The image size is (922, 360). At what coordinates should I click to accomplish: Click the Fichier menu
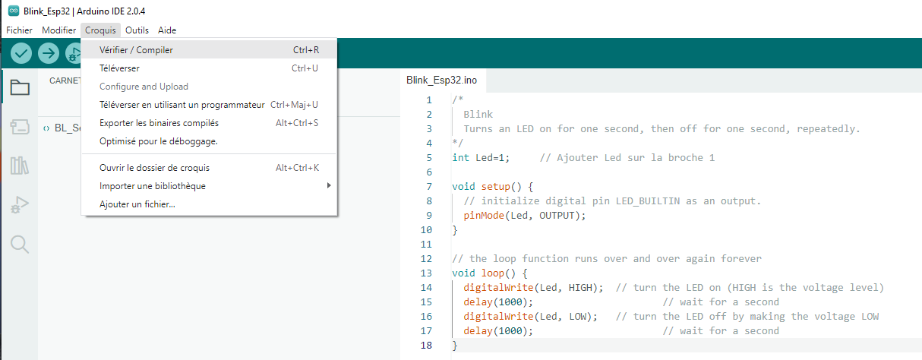pos(19,30)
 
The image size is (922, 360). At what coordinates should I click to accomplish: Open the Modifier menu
pos(59,30)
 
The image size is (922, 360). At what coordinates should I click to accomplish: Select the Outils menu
pos(137,30)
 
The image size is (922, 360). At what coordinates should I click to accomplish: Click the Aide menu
pos(167,30)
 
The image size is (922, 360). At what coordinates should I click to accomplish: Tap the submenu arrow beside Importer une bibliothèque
pos(329,185)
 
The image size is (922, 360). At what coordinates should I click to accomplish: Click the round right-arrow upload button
pos(49,53)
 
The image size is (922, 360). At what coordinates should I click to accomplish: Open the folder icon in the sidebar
pos(20,87)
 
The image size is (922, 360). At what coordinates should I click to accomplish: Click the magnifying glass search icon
pos(20,245)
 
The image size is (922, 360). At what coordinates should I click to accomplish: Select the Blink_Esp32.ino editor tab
pos(442,81)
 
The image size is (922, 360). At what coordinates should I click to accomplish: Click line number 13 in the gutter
pos(426,273)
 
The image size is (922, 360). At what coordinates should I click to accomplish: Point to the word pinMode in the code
pos(484,216)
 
